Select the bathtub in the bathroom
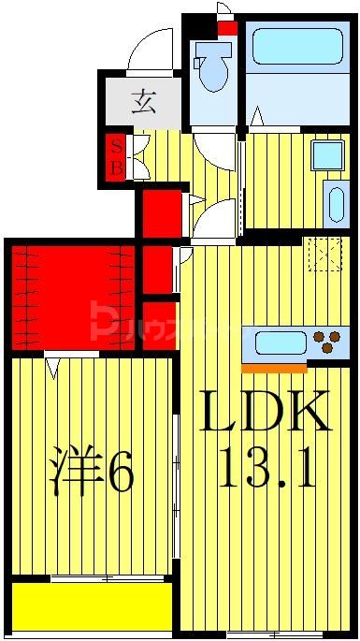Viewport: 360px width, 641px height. click(296, 47)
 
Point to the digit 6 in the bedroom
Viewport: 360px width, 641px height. click(120, 474)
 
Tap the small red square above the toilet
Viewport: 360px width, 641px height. click(227, 28)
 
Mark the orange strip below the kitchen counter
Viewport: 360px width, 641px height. click(274, 367)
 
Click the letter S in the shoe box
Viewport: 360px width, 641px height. click(117, 145)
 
